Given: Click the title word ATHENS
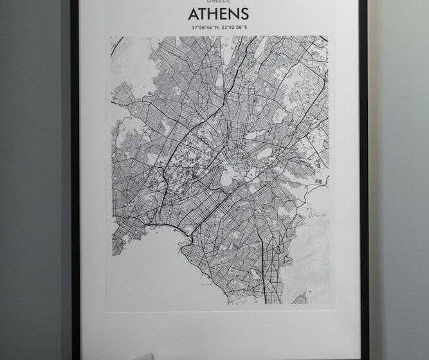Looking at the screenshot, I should [219, 14].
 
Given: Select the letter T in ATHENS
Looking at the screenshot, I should [204, 14].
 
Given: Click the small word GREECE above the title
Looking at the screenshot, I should [219, 2].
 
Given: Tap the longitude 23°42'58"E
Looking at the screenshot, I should [234, 28].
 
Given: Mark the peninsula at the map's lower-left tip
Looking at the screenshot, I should [118, 244].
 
